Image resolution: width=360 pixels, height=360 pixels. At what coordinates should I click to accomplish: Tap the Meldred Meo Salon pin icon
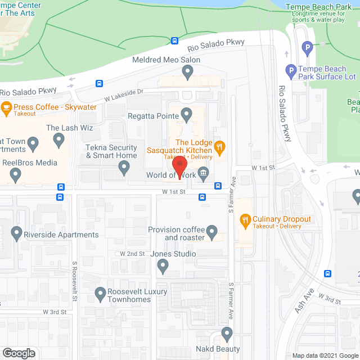(188, 71)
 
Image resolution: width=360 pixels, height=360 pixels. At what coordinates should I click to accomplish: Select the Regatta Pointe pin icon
(188, 115)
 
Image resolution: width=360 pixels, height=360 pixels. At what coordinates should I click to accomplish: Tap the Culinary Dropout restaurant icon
(245, 219)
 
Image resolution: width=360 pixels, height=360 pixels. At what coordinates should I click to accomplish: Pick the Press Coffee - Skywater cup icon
(6, 106)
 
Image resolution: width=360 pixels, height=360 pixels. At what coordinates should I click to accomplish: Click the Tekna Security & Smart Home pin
(124, 167)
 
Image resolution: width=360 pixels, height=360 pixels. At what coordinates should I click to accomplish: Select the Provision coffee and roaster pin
(211, 231)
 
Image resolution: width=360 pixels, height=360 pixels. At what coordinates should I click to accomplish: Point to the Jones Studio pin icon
(163, 267)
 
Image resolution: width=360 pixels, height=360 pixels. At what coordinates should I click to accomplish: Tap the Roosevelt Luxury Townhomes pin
(101, 292)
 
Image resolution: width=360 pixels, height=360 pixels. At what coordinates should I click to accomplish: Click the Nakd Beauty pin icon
(227, 334)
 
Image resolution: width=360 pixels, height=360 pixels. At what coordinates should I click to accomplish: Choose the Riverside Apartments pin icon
(16, 232)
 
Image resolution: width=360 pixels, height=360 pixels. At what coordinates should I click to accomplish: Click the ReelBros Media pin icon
(16, 176)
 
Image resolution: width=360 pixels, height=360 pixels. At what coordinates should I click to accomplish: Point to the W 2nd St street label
(133, 254)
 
